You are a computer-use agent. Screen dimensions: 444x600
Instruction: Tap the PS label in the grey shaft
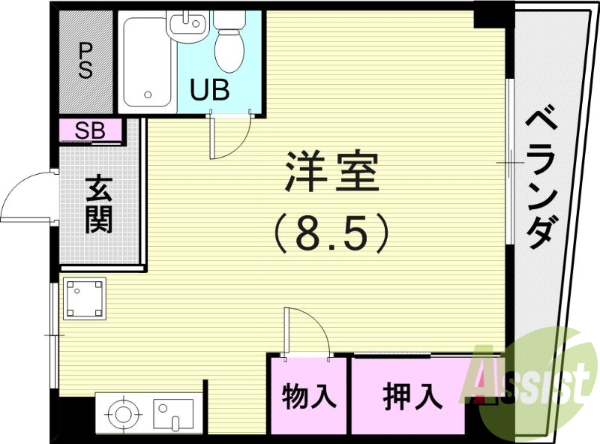click(x=85, y=60)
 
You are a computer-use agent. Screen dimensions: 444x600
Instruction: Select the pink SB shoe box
click(x=91, y=131)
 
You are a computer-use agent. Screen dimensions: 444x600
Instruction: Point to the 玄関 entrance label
click(x=98, y=204)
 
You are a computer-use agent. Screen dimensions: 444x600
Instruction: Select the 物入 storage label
click(x=309, y=395)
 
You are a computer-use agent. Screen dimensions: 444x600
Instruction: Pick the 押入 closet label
click(x=412, y=395)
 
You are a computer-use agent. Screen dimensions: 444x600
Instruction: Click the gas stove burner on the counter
click(x=122, y=413)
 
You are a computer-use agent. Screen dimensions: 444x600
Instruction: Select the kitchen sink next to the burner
click(x=173, y=413)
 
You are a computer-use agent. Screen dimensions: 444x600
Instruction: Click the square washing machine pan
click(x=84, y=298)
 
